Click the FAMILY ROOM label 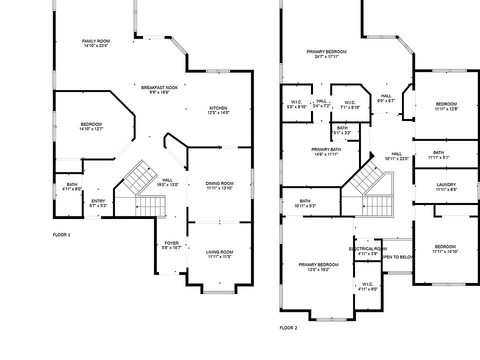coord(96,41)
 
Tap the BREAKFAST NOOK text coord(159,87)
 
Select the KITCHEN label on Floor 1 coord(218,108)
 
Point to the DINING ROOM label coord(220,183)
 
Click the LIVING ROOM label coord(220,251)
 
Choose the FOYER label coord(171,243)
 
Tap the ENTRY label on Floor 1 coord(98,201)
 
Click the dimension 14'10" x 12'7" coord(91,129)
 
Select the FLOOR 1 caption coord(61,234)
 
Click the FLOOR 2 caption coord(288,328)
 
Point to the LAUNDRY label coord(446,184)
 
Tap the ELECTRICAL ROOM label coord(367,248)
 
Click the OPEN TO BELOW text coord(397,257)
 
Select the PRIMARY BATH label coord(326,149)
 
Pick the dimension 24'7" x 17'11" coord(326,56)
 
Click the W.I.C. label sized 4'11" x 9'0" coord(367,284)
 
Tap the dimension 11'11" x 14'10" coord(445,251)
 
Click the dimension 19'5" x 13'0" coord(167,184)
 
